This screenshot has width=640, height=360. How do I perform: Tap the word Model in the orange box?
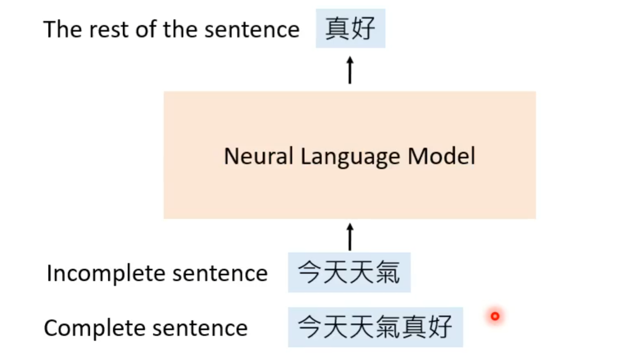[x=441, y=156]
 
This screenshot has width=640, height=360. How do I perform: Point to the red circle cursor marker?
[x=495, y=316]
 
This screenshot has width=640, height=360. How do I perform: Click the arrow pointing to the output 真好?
[x=350, y=70]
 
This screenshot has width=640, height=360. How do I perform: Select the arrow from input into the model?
[x=350, y=237]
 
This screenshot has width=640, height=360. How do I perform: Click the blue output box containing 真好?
[x=350, y=28]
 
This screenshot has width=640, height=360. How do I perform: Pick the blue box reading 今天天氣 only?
[x=349, y=272]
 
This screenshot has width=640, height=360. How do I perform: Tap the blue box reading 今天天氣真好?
[x=375, y=327]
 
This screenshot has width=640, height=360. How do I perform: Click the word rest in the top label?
[x=109, y=29]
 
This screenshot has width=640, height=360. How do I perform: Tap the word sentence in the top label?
[x=252, y=29]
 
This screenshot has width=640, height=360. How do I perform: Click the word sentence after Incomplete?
[x=220, y=273]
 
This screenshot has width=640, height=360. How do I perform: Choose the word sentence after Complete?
[x=200, y=328]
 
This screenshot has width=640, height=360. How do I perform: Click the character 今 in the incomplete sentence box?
[x=310, y=272]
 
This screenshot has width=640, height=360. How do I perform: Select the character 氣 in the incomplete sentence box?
[x=388, y=272]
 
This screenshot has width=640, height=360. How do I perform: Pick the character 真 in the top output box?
[x=337, y=28]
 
